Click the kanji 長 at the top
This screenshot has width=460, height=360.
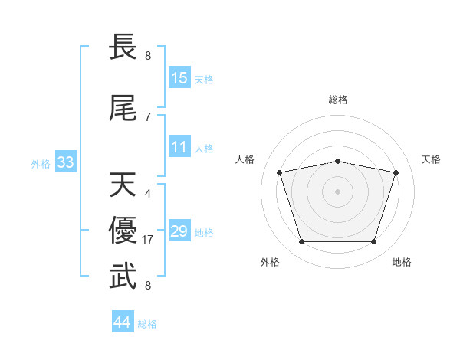pos(123,47)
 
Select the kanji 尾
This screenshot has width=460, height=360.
pos(123,108)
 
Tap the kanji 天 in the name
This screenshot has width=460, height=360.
pos(123,185)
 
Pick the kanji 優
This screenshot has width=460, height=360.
pos(123,230)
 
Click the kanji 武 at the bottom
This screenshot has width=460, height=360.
pos(123,276)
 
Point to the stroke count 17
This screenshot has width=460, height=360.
pos(147,240)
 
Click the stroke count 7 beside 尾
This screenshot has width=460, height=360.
pos(148,117)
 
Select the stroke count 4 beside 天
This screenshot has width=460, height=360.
pos(148,194)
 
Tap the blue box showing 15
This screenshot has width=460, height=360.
pos(179,77)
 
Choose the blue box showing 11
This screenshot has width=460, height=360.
pos(179,146)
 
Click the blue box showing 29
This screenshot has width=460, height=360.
pos(179,230)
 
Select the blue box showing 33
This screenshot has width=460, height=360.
pos(66,162)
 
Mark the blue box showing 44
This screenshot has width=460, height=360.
pos(123,321)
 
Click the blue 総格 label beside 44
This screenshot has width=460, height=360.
pos(147,324)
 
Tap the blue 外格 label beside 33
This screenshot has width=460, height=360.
pos(41,164)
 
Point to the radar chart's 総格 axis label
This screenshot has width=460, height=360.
pos(338,100)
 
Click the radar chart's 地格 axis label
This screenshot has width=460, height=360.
pos(402,262)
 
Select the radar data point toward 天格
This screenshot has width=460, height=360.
pos(396,172)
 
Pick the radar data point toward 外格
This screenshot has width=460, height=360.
pos(302,242)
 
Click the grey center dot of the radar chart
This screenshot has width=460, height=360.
pos(337,191)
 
